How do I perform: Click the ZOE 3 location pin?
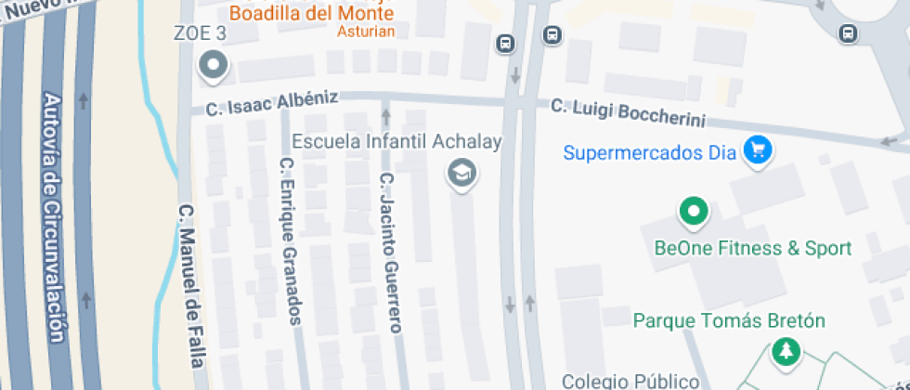click(214, 65)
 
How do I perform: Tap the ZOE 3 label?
click(201, 34)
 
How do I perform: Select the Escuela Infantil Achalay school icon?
click(459, 173)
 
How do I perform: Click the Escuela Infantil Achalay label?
click(396, 142)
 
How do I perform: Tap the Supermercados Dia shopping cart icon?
click(760, 149)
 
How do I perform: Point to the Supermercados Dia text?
click(650, 150)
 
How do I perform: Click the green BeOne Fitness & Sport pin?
click(693, 212)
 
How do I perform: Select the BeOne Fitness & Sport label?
click(753, 249)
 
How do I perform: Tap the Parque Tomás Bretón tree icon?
click(786, 351)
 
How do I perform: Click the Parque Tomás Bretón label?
click(729, 321)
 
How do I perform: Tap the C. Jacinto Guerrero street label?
click(390, 253)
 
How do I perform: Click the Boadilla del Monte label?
click(311, 14)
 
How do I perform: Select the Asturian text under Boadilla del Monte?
click(370, 32)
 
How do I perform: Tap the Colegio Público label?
click(630, 381)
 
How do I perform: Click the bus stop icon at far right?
click(847, 33)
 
